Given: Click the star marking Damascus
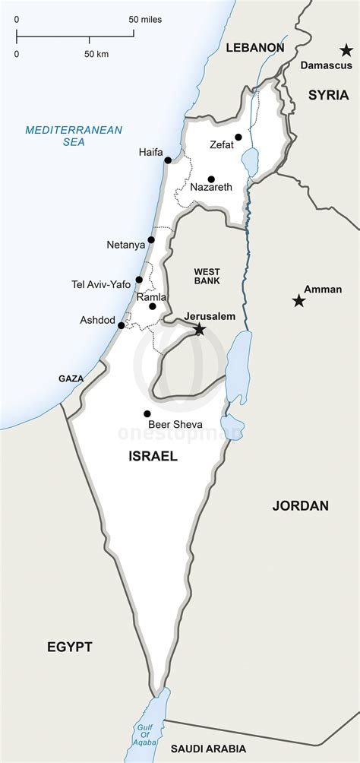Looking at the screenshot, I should [x=346, y=50].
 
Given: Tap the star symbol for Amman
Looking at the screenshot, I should [x=299, y=302].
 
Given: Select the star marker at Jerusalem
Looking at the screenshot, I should [x=199, y=329].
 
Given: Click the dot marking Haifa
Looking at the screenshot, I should [x=169, y=160].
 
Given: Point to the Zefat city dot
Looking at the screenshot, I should [x=238, y=138].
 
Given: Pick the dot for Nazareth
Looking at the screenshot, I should [x=211, y=179].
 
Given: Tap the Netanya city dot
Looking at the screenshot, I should [x=151, y=240].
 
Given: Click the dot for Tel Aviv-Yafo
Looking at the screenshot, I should [x=139, y=280].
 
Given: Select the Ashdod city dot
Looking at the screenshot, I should [x=121, y=325].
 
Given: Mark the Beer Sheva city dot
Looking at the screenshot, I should [x=147, y=414].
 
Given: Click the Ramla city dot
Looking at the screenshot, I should [x=153, y=306].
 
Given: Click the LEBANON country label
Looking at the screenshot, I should [x=255, y=47].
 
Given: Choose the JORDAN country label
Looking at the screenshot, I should [x=300, y=505].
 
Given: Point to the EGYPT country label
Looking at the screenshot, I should [x=69, y=647].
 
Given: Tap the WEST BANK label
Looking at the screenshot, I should [x=207, y=276].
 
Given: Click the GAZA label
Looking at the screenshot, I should [x=71, y=378].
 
